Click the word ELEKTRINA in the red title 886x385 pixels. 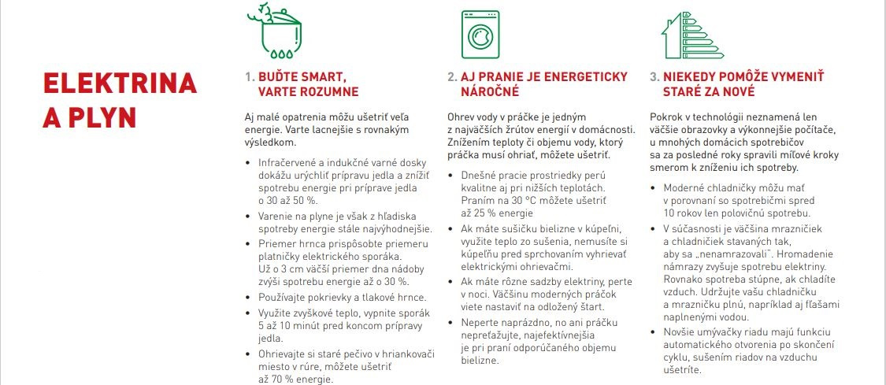119,83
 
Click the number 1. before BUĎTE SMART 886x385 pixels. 250,77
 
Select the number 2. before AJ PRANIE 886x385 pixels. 452,77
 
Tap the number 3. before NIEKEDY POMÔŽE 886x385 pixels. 654,77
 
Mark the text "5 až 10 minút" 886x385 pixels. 290,325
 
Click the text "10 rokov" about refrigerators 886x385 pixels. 685,213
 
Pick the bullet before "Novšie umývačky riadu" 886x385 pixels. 655,331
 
